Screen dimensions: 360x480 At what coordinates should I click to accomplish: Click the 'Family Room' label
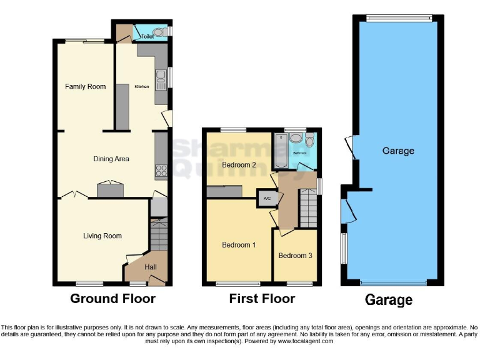point(86,86)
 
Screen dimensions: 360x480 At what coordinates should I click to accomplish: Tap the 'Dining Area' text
point(111,159)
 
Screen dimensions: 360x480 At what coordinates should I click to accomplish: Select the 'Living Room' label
point(102,236)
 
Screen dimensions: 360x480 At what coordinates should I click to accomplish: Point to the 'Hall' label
point(151,267)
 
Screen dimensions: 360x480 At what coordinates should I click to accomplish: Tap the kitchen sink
point(161,77)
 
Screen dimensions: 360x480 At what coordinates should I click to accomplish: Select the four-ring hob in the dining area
point(161,170)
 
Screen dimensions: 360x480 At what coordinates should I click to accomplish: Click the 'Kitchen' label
point(142,86)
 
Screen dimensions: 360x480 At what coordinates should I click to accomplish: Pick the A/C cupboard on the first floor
point(267,199)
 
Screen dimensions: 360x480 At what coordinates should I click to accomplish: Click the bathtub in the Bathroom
point(280,152)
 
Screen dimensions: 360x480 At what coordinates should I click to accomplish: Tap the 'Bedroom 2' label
point(239,165)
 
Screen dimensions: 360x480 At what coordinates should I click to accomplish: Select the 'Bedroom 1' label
point(239,245)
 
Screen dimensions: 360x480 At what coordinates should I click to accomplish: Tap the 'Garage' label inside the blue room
point(398,151)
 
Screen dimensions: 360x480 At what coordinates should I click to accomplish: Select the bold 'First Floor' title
point(262,299)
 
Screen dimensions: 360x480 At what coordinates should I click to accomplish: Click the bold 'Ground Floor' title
point(112,299)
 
